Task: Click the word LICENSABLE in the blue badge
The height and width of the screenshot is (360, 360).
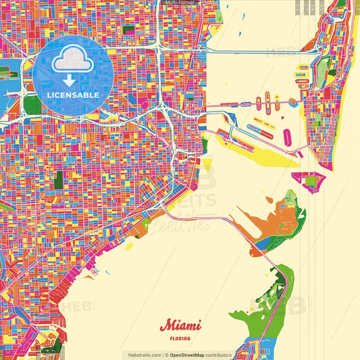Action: click(x=73, y=95)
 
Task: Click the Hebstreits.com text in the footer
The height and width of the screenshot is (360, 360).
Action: click(x=143, y=355)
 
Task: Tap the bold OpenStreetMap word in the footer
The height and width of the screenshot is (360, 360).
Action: click(x=187, y=355)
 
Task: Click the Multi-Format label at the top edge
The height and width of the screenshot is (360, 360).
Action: click(x=179, y=3)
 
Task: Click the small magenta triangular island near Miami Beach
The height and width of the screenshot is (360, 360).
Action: click(x=311, y=180)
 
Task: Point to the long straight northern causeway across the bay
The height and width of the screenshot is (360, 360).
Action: click(x=257, y=50)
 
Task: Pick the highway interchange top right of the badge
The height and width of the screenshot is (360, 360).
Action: click(x=158, y=48)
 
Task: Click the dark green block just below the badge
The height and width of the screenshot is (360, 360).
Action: click(x=32, y=104)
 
